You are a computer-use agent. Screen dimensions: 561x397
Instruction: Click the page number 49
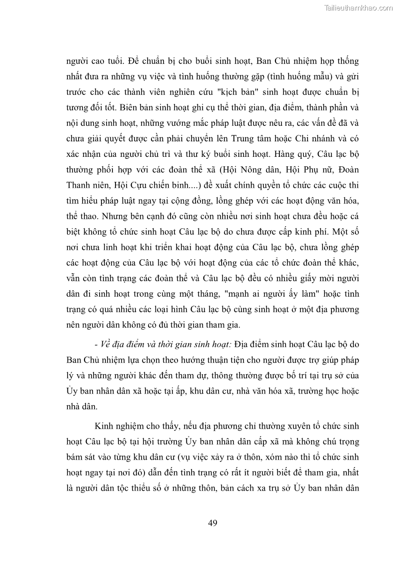point(212,523)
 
